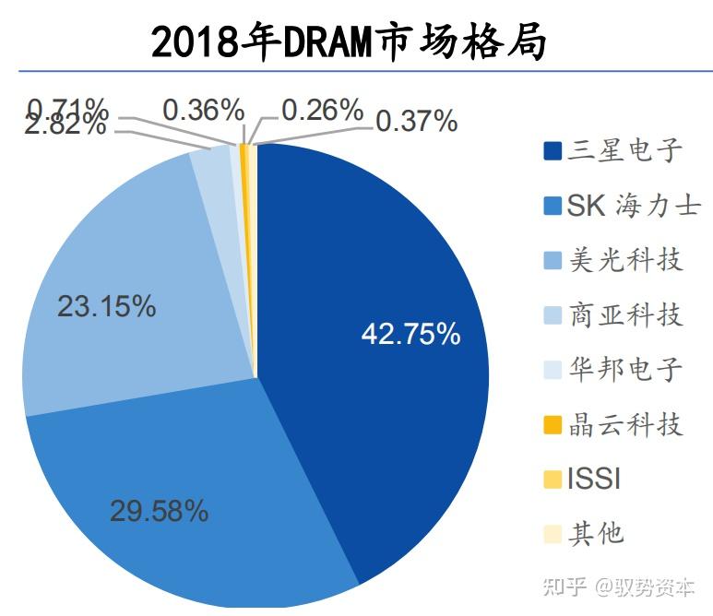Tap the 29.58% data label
pyautogui.click(x=159, y=511)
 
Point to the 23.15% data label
pyautogui.click(x=106, y=306)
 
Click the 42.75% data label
pyautogui.click(x=410, y=334)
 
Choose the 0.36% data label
pyautogui.click(x=203, y=111)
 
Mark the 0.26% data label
pyautogui.click(x=322, y=111)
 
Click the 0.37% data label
pyautogui.click(x=415, y=120)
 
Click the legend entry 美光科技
pyautogui.click(x=613, y=260)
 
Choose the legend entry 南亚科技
pyautogui.click(x=613, y=315)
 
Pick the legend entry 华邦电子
pyautogui.click(x=613, y=370)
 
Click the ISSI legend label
pyautogui.click(x=593, y=480)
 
